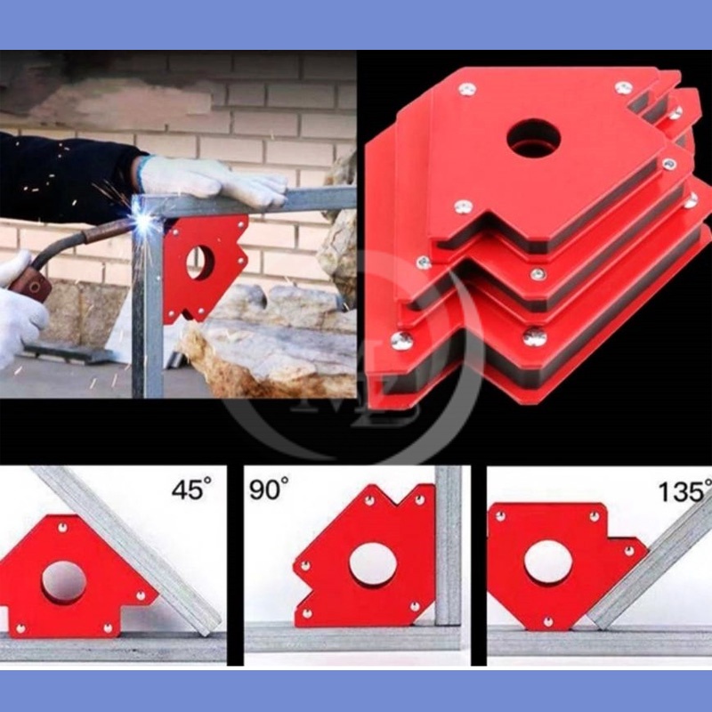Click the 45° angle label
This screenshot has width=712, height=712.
click(x=191, y=488)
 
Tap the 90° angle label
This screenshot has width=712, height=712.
click(x=269, y=488)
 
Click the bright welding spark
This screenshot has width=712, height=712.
click(x=144, y=221)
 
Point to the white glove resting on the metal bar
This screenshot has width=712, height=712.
click(x=211, y=181)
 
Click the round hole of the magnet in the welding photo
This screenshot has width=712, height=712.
click(x=200, y=263)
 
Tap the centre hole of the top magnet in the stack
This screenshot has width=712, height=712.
click(x=533, y=138)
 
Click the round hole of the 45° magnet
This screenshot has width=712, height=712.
click(x=64, y=583)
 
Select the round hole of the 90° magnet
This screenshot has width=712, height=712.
click(x=373, y=565)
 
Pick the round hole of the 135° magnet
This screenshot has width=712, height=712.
click(x=548, y=562)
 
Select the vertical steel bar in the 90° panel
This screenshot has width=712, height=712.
click(x=449, y=545)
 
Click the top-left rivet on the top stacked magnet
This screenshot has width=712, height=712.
click(x=466, y=90)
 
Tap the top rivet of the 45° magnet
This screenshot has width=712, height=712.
click(x=62, y=528)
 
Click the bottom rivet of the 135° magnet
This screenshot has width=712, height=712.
click(x=547, y=621)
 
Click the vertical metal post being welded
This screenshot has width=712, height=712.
click(x=147, y=300)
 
